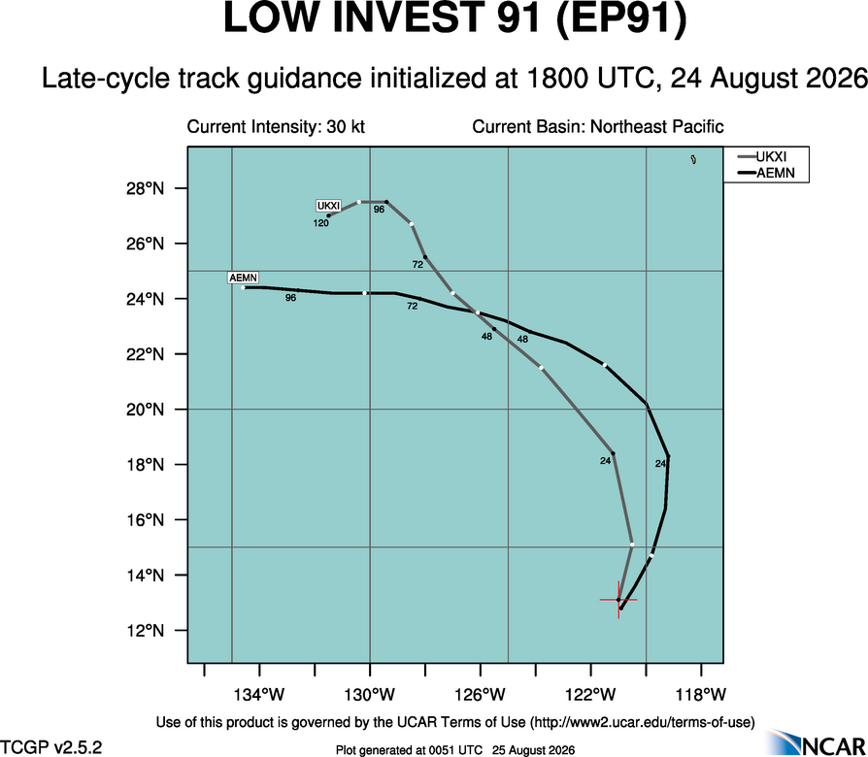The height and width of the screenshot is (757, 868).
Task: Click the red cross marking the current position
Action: click(618, 600)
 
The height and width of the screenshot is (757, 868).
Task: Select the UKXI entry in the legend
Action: click(766, 157)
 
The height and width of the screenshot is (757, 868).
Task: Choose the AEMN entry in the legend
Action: click(766, 173)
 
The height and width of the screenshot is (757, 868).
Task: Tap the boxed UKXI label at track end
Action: click(329, 206)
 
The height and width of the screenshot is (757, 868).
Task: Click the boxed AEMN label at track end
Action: click(243, 278)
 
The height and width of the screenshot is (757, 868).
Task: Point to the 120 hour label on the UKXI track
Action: click(321, 223)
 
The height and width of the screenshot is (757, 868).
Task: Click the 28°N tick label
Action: click(146, 188)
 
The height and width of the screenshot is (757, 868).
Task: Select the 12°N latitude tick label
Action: click(146, 631)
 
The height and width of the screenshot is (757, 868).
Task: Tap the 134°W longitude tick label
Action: click(259, 694)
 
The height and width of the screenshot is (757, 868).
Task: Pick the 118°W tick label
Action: click(701, 694)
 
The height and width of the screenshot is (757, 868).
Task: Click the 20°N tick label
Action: click(146, 410)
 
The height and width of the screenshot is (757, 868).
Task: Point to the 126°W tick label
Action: click(481, 694)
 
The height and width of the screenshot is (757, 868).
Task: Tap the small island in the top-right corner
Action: click(693, 159)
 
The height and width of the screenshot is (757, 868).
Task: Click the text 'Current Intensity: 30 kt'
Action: click(276, 127)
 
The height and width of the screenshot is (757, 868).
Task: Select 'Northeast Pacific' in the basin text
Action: click(657, 127)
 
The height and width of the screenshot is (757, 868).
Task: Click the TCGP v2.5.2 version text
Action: click(50, 747)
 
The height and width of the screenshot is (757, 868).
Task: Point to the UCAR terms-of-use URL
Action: click(642, 722)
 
